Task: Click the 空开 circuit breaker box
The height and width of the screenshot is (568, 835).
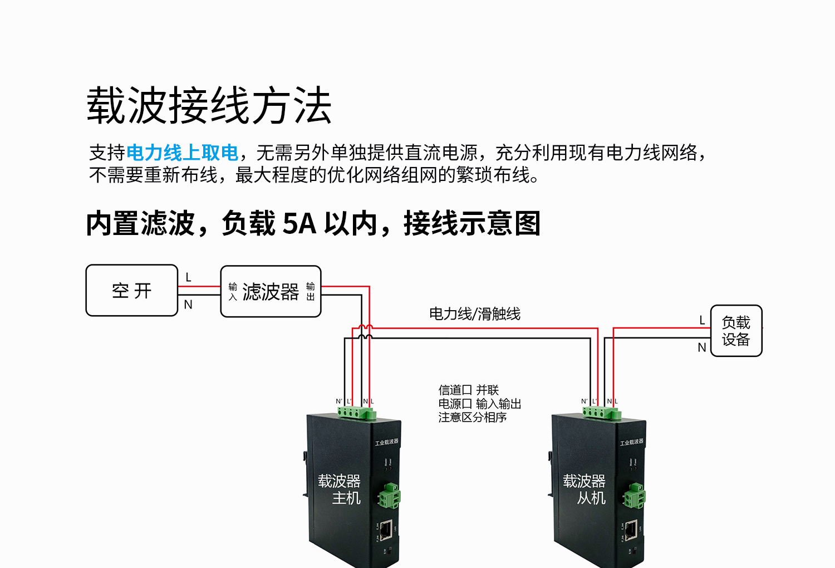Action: [x=132, y=290]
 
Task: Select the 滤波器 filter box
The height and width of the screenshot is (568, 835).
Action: [x=271, y=291]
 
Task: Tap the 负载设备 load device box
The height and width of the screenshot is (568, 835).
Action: [x=736, y=331]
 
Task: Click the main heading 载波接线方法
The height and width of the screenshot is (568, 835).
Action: [x=209, y=105]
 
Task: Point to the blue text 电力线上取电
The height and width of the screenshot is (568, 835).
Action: [x=182, y=153]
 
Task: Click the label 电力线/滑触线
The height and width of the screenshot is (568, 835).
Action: [x=474, y=314]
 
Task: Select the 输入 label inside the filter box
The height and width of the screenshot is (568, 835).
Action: [x=233, y=291]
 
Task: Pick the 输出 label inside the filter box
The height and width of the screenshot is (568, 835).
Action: [x=311, y=291]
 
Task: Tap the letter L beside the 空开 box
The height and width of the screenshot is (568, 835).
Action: [x=188, y=277]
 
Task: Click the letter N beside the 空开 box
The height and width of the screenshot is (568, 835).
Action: [x=188, y=305]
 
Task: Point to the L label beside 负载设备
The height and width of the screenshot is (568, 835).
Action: [x=702, y=320]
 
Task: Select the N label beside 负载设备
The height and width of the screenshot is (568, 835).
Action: [x=702, y=347]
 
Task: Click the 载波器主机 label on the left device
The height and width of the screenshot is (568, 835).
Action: [x=340, y=489]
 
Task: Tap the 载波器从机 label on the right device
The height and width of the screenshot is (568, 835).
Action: [x=584, y=489]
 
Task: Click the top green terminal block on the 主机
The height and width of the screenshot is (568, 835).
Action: [x=356, y=413]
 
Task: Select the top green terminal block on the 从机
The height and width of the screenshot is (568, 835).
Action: [x=601, y=413]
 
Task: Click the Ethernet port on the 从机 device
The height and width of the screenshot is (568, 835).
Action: [x=631, y=529]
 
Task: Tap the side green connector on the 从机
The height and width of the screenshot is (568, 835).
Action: [x=634, y=496]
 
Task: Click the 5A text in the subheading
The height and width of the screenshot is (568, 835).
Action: [x=300, y=224]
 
